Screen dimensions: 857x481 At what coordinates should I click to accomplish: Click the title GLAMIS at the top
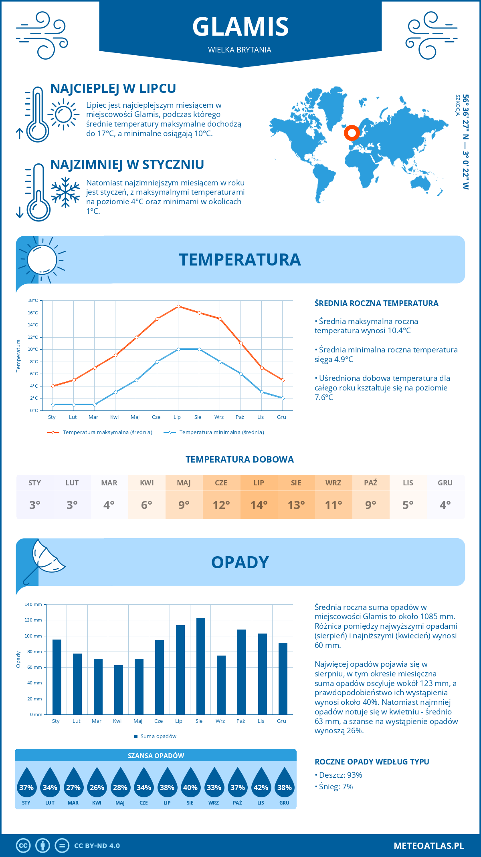[240, 27]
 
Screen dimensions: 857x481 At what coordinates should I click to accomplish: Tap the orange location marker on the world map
[352, 133]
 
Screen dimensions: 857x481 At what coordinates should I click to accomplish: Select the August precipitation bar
[200, 666]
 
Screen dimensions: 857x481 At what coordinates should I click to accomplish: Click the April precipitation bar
[118, 690]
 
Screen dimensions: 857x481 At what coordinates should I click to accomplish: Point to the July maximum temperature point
[178, 307]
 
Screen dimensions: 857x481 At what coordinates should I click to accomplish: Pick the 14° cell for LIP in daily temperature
[259, 505]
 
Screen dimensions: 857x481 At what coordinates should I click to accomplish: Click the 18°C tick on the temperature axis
[33, 300]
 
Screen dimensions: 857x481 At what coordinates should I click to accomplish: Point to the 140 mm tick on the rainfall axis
[33, 604]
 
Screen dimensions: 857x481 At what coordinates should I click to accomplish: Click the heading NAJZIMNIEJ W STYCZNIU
[127, 165]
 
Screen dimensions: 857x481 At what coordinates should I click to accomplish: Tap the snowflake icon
[65, 192]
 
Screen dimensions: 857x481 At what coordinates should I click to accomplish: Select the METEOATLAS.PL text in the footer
[428, 846]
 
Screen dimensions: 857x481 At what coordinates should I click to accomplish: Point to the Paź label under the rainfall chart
[240, 721]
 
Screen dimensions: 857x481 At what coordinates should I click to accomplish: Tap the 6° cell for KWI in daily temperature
[147, 505]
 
